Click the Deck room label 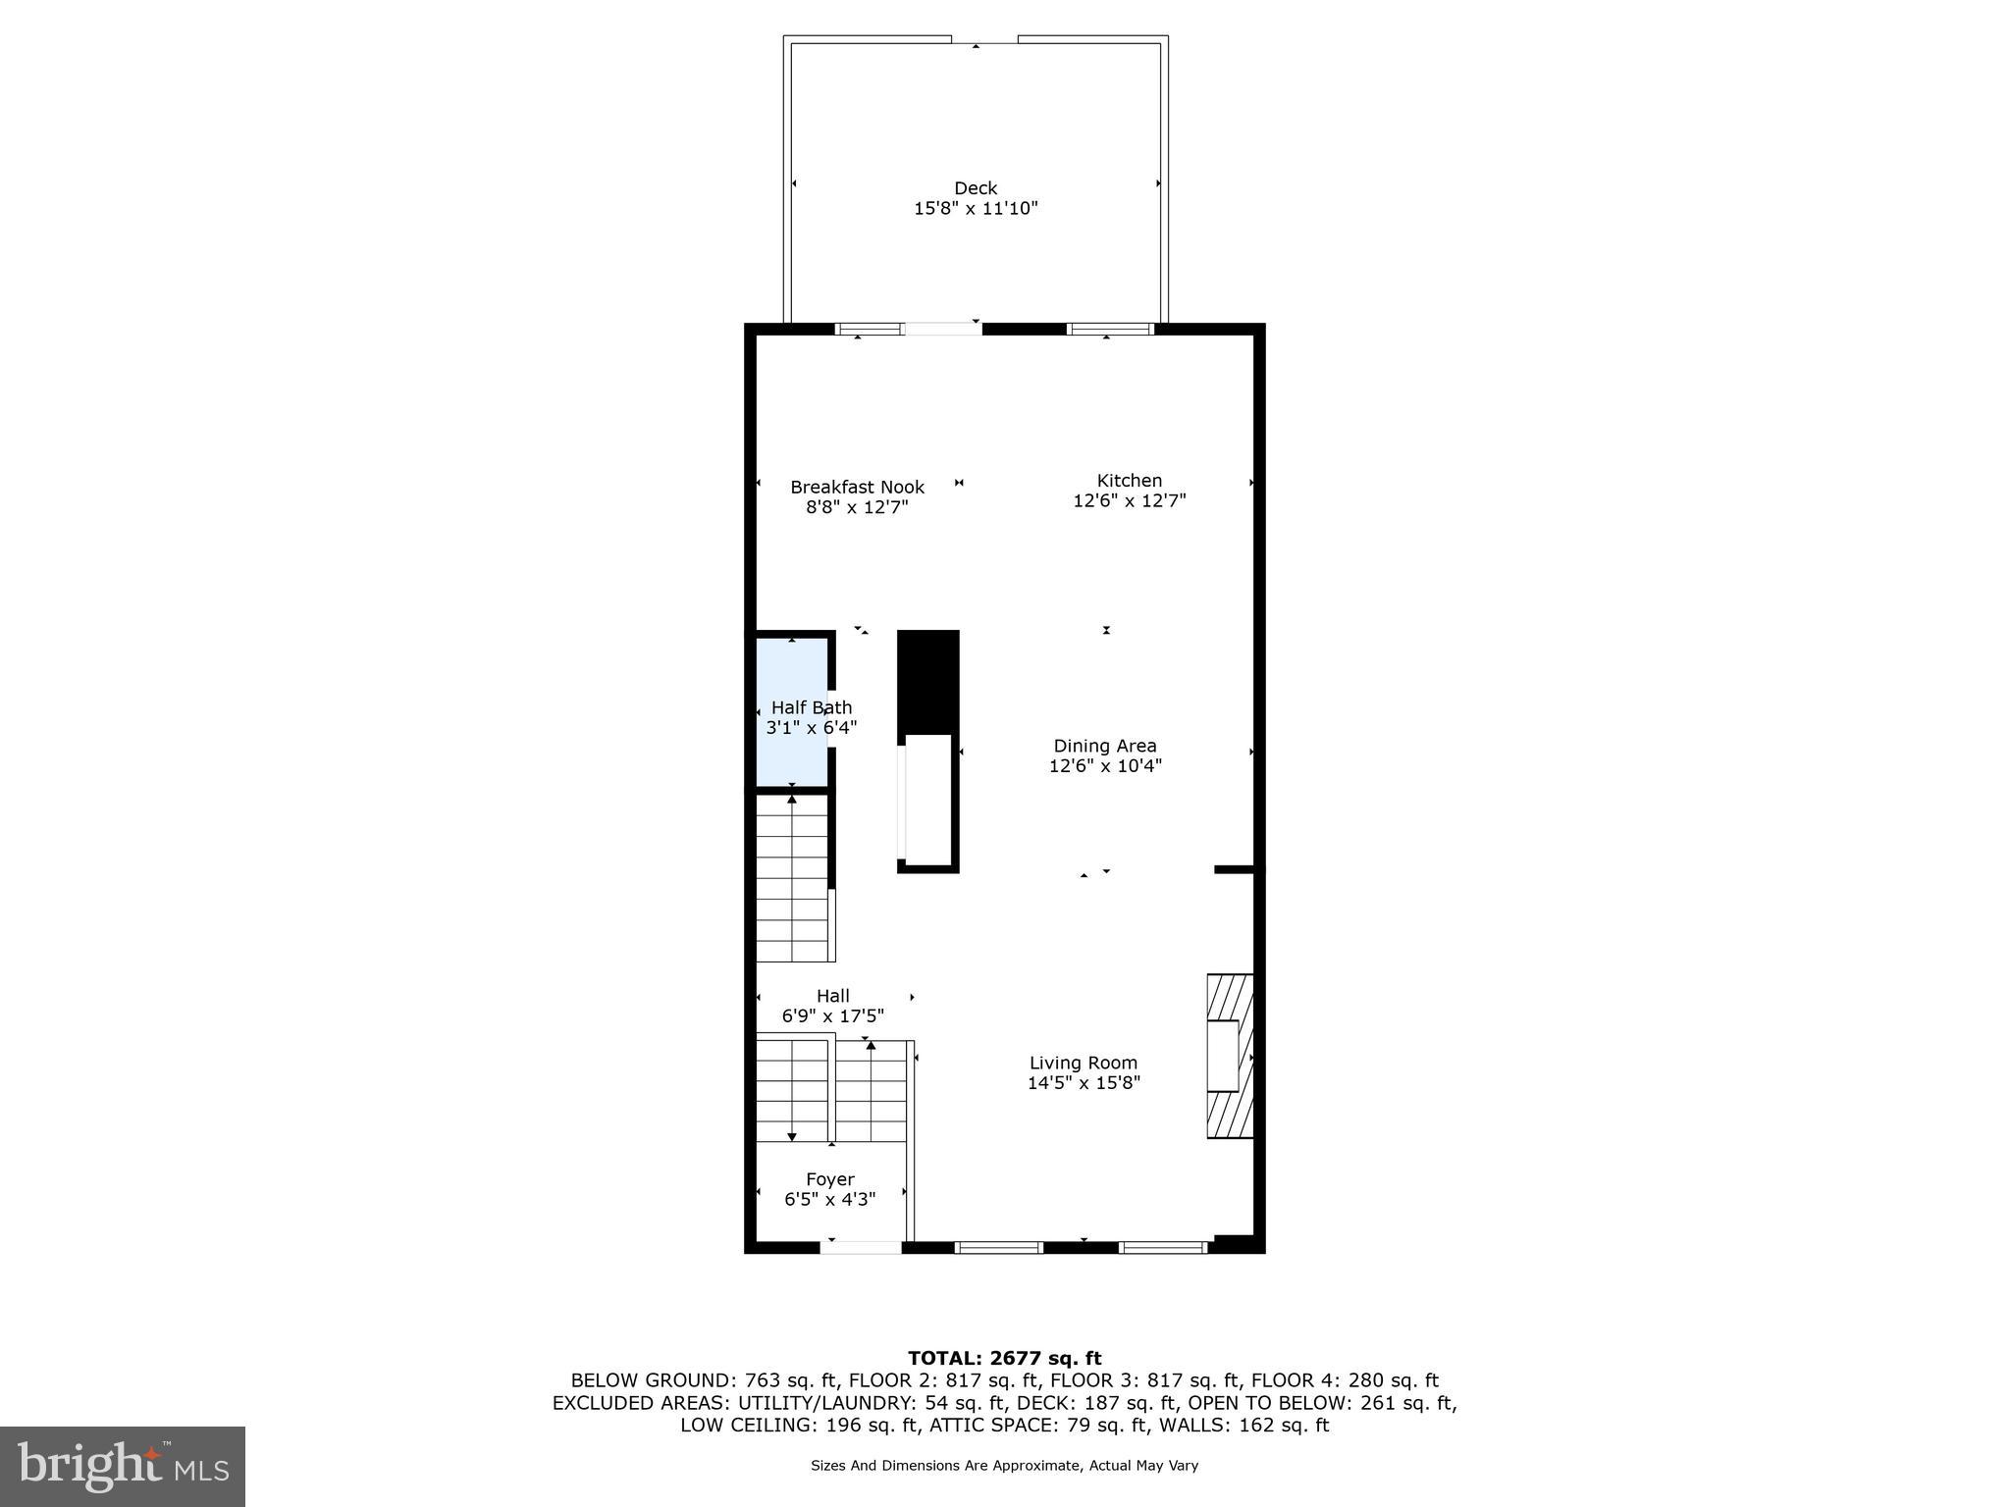(975, 187)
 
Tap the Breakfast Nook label (857, 487)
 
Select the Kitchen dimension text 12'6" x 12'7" (1129, 501)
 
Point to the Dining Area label (1104, 746)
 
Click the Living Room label (1083, 1063)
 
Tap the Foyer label (829, 1179)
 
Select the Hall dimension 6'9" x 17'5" (832, 1016)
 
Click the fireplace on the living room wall (1230, 1056)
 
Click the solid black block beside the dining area (927, 681)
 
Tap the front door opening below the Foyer (861, 1247)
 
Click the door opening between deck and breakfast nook (942, 329)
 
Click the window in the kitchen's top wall (1110, 329)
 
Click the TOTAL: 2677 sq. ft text (1004, 1359)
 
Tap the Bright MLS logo (123, 1466)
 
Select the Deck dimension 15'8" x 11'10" (975, 209)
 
